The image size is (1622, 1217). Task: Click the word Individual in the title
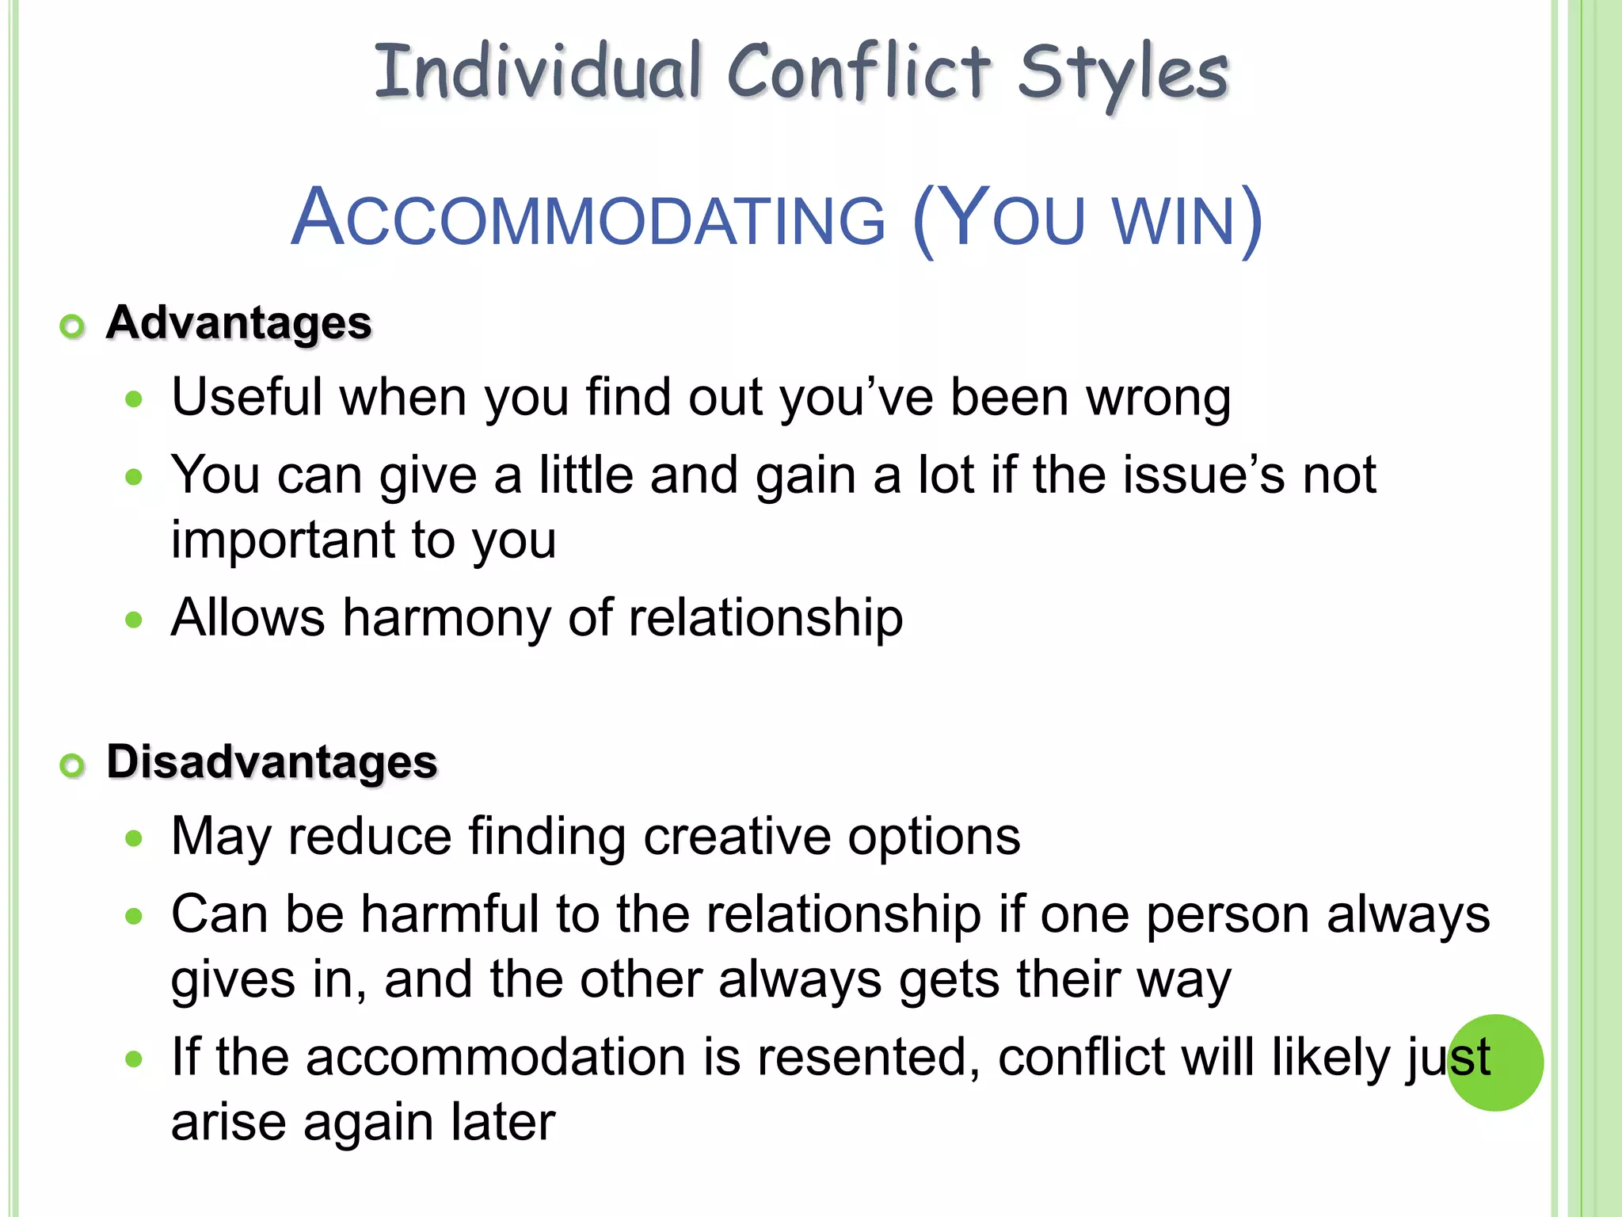point(538,73)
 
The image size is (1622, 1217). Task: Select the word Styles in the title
point(1122,73)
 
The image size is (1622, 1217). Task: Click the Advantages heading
point(239,323)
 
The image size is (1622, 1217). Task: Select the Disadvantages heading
point(272,762)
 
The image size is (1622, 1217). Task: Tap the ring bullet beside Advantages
point(72,326)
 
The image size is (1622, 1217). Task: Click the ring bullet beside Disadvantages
point(72,765)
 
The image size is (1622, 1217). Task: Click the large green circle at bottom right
point(1495,1062)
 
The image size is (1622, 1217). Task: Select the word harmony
point(446,618)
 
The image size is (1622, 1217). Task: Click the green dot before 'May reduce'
point(134,839)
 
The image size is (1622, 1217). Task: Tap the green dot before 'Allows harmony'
point(134,620)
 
